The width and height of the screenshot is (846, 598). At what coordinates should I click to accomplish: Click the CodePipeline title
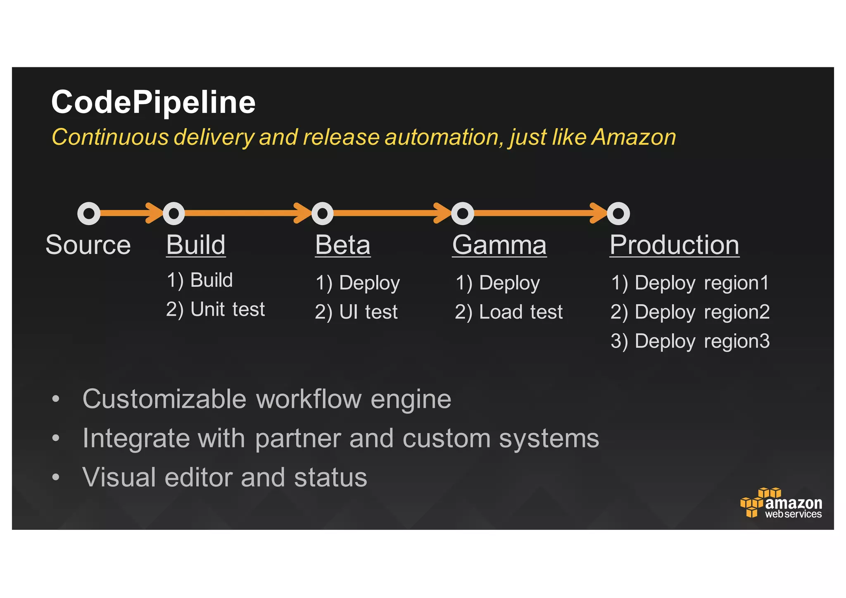tap(153, 102)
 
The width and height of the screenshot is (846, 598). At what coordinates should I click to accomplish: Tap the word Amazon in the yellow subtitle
tap(634, 137)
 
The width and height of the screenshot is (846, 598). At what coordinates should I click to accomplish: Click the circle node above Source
tap(89, 213)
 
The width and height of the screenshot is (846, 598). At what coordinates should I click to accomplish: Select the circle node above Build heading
tap(174, 213)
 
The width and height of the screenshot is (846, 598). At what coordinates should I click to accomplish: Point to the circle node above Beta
tap(322, 213)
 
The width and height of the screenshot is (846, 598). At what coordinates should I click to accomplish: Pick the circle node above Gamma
tap(463, 213)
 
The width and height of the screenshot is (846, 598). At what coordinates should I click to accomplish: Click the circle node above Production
tap(618, 213)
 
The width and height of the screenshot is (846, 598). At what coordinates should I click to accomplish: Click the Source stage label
tap(88, 245)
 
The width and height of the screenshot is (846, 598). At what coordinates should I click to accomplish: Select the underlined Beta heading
tap(342, 245)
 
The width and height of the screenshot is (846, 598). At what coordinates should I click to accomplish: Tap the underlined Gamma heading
tap(499, 245)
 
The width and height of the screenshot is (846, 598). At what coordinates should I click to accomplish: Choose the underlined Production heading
tap(674, 245)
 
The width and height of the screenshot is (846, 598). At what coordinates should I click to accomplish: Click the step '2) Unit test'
tap(215, 309)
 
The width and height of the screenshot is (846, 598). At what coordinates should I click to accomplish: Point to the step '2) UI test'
tap(356, 312)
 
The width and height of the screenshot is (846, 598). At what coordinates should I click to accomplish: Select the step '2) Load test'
tap(509, 312)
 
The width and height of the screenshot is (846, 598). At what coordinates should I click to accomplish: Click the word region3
tap(737, 341)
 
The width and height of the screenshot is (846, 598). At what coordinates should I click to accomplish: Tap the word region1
tap(736, 283)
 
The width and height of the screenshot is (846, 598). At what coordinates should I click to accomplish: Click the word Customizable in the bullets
tap(164, 399)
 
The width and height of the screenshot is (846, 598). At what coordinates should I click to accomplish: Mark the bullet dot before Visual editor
tap(56, 477)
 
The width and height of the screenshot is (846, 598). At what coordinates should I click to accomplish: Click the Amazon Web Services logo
tap(781, 503)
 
